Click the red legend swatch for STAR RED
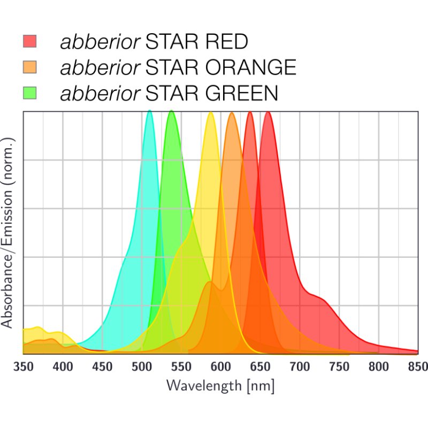pos(29,41)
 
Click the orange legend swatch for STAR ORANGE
pos(29,67)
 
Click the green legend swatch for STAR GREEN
pos(29,94)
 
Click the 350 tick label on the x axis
pos(23,366)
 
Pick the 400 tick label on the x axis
pos(63,366)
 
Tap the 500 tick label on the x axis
pos(142,366)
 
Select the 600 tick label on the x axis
pos(220,366)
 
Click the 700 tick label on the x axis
pos(300,366)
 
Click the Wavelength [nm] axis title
pos(220,385)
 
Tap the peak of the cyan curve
pos(149,111)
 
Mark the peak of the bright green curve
pos(171,111)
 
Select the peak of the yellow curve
pos(211,113)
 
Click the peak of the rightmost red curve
pos(268,112)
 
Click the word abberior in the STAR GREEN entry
pos(101,94)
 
